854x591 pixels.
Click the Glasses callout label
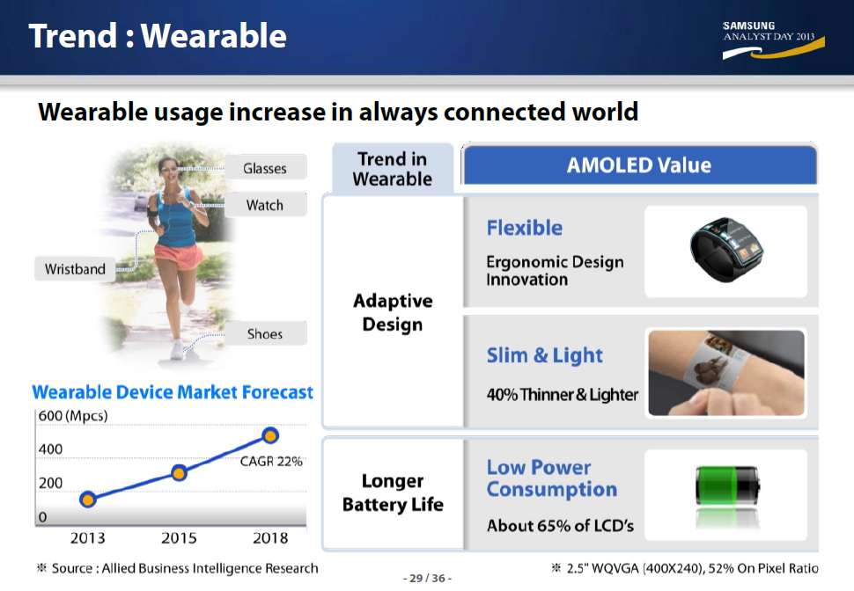(x=265, y=168)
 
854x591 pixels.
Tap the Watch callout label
(x=265, y=205)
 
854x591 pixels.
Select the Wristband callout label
(x=75, y=269)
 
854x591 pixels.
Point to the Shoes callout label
(x=265, y=333)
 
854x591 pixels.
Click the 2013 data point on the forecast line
(x=88, y=499)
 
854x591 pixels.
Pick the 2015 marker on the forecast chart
(x=180, y=473)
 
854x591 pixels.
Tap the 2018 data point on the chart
(x=270, y=435)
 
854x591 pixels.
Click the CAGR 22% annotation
(x=271, y=462)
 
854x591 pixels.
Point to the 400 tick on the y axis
(x=50, y=449)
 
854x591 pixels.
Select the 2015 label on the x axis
(x=179, y=537)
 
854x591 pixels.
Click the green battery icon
(x=727, y=485)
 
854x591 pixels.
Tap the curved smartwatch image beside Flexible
(x=726, y=250)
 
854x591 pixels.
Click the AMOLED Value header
(x=639, y=164)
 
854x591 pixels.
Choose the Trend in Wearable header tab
(x=393, y=169)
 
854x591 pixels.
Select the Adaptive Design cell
(x=393, y=312)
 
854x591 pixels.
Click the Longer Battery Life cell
(x=393, y=492)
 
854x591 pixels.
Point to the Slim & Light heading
(x=545, y=355)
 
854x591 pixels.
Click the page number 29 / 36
(x=428, y=578)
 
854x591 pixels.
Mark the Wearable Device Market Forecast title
(x=173, y=392)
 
